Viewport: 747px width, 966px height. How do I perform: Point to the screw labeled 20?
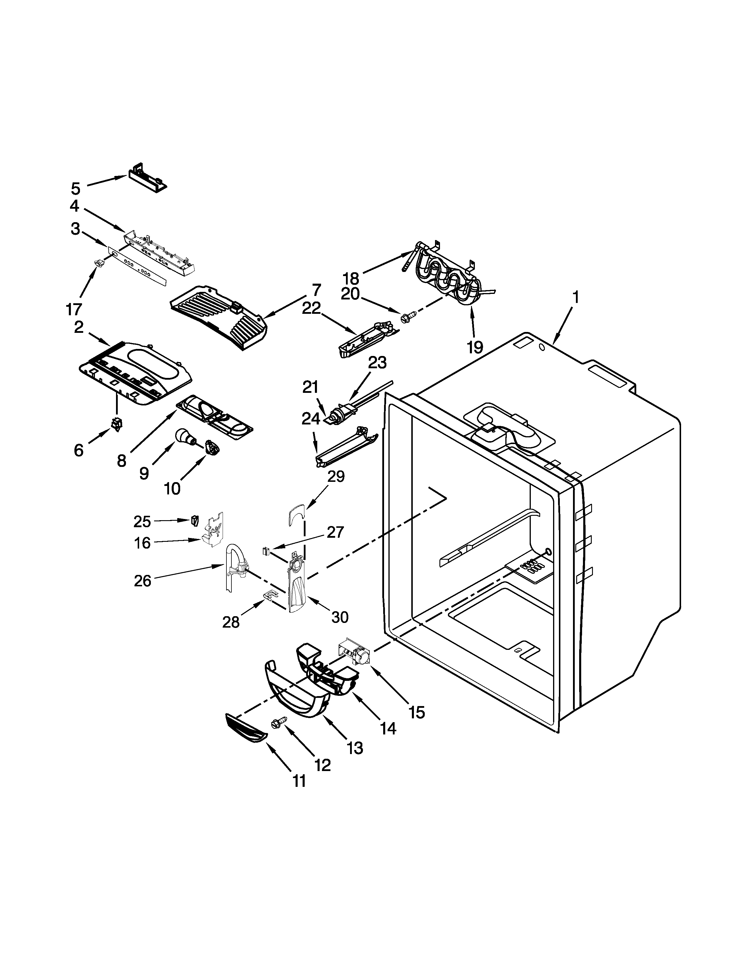pyautogui.click(x=408, y=316)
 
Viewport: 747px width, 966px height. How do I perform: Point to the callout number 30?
pyautogui.click(x=340, y=616)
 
